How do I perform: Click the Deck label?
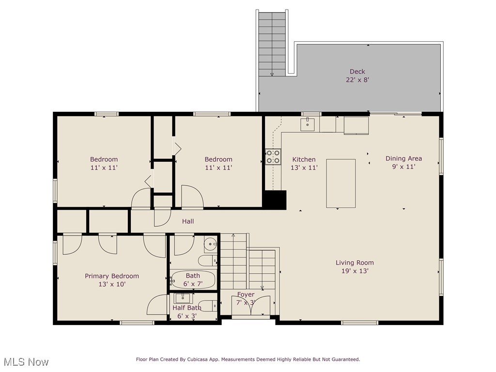click(x=357, y=72)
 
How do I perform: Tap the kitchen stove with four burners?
click(x=273, y=156)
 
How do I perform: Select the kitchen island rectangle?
click(x=341, y=183)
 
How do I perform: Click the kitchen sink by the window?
click(x=308, y=124)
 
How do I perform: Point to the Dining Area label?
click(x=403, y=158)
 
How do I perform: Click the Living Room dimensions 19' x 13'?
click(x=355, y=271)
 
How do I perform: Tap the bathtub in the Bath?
click(x=193, y=279)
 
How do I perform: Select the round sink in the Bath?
click(x=210, y=244)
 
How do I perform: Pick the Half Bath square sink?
click(x=183, y=298)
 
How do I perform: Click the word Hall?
click(x=188, y=221)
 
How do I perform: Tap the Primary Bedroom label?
click(x=112, y=276)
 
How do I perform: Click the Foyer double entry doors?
click(x=251, y=305)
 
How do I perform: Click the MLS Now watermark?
click(x=26, y=362)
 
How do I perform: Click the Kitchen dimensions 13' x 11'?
click(x=304, y=168)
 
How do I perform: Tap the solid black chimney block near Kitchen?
click(x=275, y=200)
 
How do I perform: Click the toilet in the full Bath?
click(x=208, y=261)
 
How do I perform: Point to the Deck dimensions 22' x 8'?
click(x=357, y=80)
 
